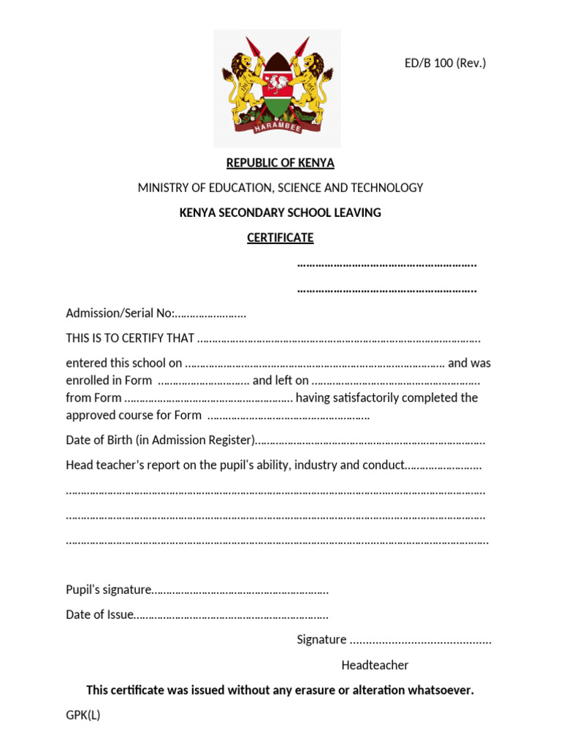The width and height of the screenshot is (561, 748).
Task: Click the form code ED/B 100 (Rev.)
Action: [445, 64]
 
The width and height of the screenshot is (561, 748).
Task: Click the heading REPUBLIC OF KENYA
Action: [280, 163]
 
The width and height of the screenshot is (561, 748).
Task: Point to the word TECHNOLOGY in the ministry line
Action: [386, 188]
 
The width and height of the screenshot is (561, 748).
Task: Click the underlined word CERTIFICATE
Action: [280, 237]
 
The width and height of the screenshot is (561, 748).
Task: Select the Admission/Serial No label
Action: [120, 313]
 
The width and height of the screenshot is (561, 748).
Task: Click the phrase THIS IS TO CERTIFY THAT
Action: [130, 338]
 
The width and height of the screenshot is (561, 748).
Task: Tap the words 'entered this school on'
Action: [124, 363]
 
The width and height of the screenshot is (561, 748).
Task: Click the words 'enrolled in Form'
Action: [109, 381]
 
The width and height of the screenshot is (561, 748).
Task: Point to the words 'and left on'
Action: [280, 381]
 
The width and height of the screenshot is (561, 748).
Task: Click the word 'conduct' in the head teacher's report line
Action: [383, 465]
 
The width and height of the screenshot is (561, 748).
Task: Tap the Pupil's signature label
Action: [108, 589]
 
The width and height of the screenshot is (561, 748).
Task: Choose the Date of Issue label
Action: [99, 614]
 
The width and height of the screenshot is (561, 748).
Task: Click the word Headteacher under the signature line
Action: [375, 665]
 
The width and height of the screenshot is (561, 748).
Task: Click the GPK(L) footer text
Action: [83, 715]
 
